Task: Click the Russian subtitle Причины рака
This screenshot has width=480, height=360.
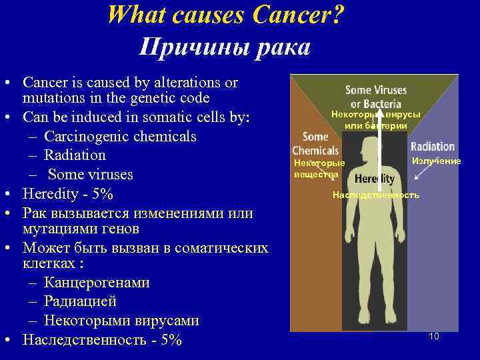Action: point(225,47)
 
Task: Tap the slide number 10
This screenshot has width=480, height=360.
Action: point(434,336)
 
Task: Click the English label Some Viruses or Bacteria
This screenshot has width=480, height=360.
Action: point(375,97)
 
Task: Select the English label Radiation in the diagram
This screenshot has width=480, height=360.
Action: point(433,146)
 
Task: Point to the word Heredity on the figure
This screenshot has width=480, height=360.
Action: point(375,179)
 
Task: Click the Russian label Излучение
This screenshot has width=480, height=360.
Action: point(436,161)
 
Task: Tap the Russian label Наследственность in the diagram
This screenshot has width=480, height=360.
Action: point(376,195)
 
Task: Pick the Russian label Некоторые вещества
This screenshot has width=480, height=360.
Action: point(320,169)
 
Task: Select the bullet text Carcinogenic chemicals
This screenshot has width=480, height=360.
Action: point(120,136)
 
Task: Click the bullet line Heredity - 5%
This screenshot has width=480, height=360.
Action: point(68,194)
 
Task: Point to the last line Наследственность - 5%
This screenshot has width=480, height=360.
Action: point(101,339)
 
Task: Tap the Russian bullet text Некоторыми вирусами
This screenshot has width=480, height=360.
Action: point(121,320)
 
